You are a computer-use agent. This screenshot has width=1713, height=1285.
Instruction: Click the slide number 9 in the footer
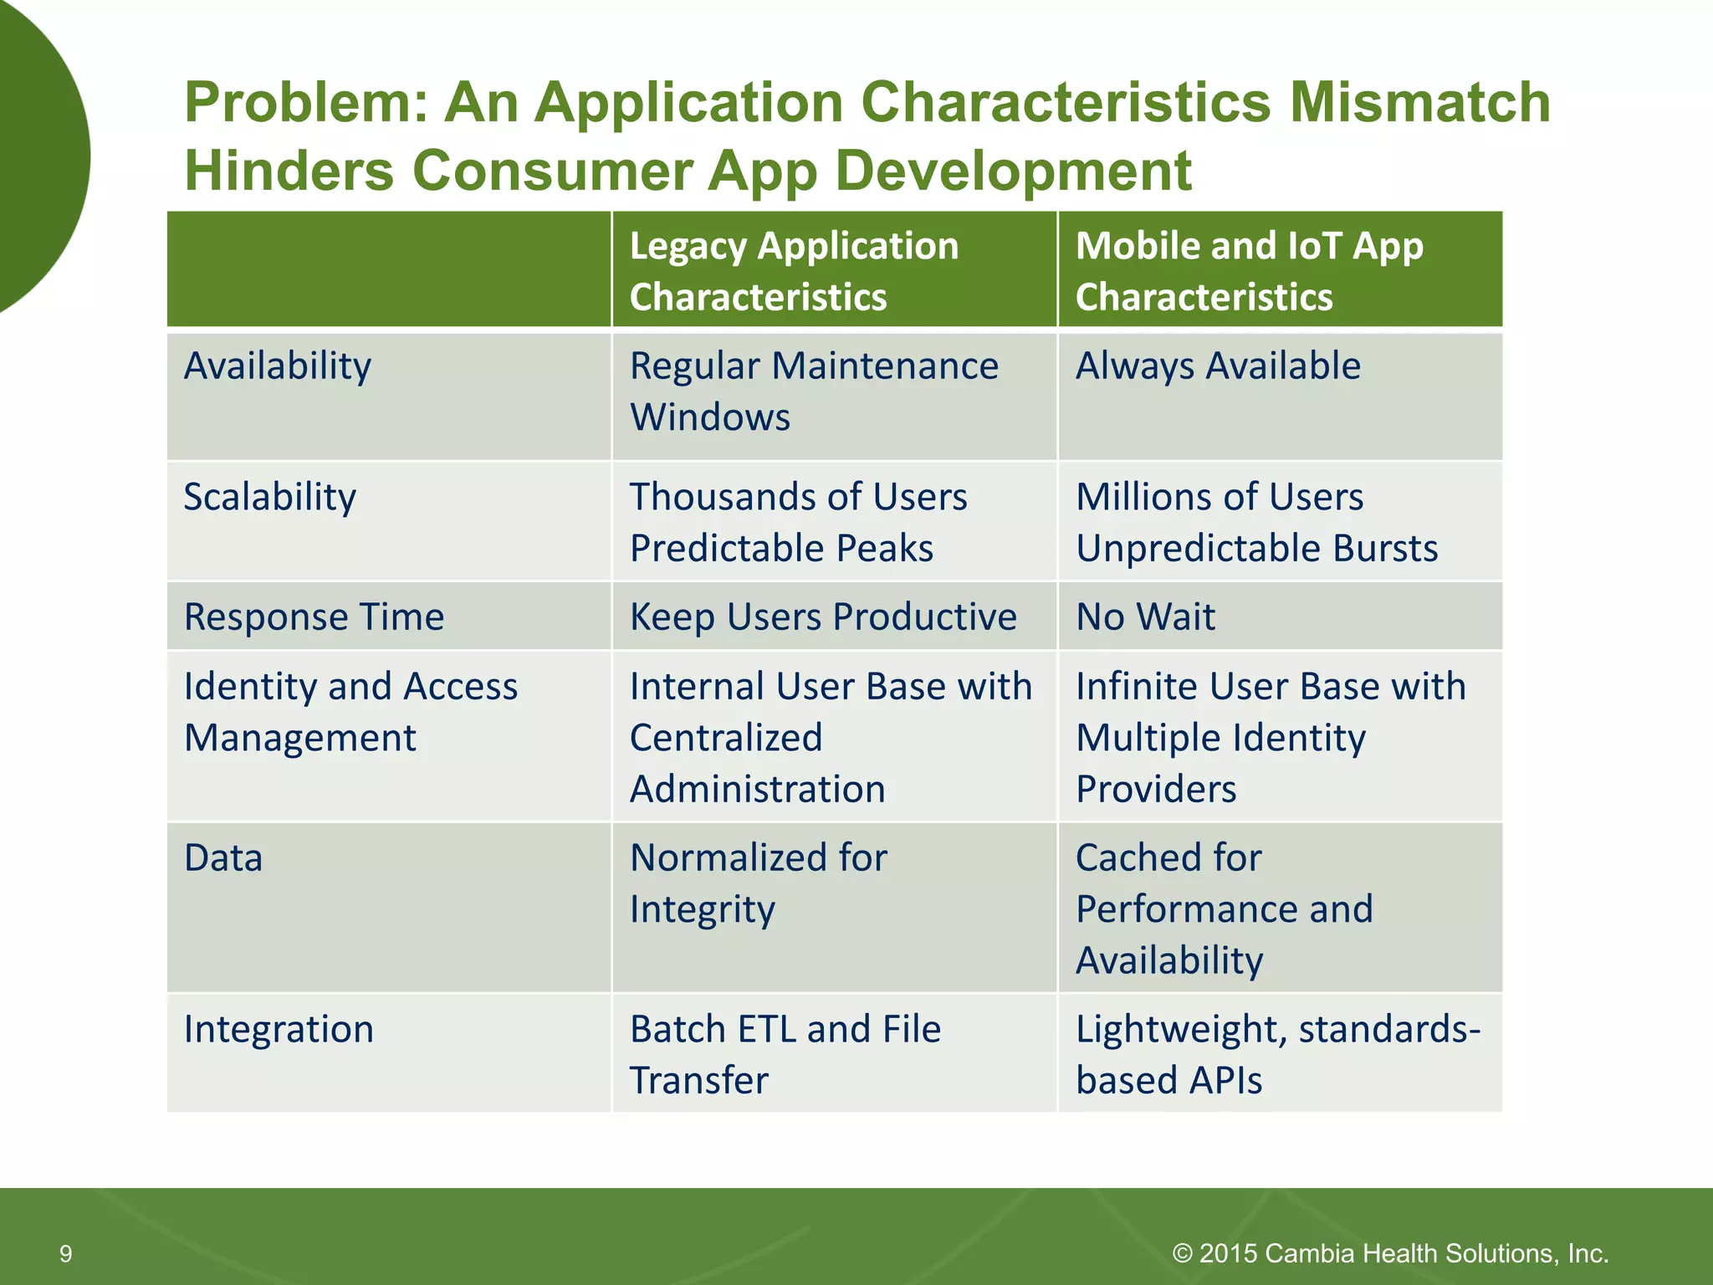coord(65,1254)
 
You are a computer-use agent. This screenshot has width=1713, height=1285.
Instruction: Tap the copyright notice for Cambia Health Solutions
coord(1390,1253)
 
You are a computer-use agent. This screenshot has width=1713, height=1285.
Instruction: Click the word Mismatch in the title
coord(1419,102)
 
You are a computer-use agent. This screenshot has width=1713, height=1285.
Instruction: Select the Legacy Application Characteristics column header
coord(794,271)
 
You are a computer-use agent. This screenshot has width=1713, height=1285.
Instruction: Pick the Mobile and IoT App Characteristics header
coord(1249,271)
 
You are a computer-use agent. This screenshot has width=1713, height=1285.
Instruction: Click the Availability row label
coord(278,366)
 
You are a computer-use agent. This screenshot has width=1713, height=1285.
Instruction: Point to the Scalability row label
coord(269,497)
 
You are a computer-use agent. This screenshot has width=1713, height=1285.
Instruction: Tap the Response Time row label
coord(314,617)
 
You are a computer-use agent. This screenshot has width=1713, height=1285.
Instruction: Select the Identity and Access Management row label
coord(350,712)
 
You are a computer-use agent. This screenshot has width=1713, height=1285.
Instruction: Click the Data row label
coord(223,858)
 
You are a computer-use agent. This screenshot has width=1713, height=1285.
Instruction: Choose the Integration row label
coord(279,1029)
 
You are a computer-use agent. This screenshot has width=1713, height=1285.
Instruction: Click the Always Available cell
coord(1218,366)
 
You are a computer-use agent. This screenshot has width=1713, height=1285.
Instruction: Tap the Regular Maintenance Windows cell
coord(813,392)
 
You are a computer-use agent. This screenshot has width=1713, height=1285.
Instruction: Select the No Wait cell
coord(1145,617)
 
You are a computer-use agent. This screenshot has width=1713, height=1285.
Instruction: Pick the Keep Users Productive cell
coord(823,617)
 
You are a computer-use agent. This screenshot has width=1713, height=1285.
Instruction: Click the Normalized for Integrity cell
coord(758,883)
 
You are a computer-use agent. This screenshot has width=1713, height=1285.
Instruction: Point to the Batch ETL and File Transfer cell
coord(785,1054)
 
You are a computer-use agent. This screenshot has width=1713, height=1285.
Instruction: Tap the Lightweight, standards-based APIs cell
coord(1277,1054)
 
